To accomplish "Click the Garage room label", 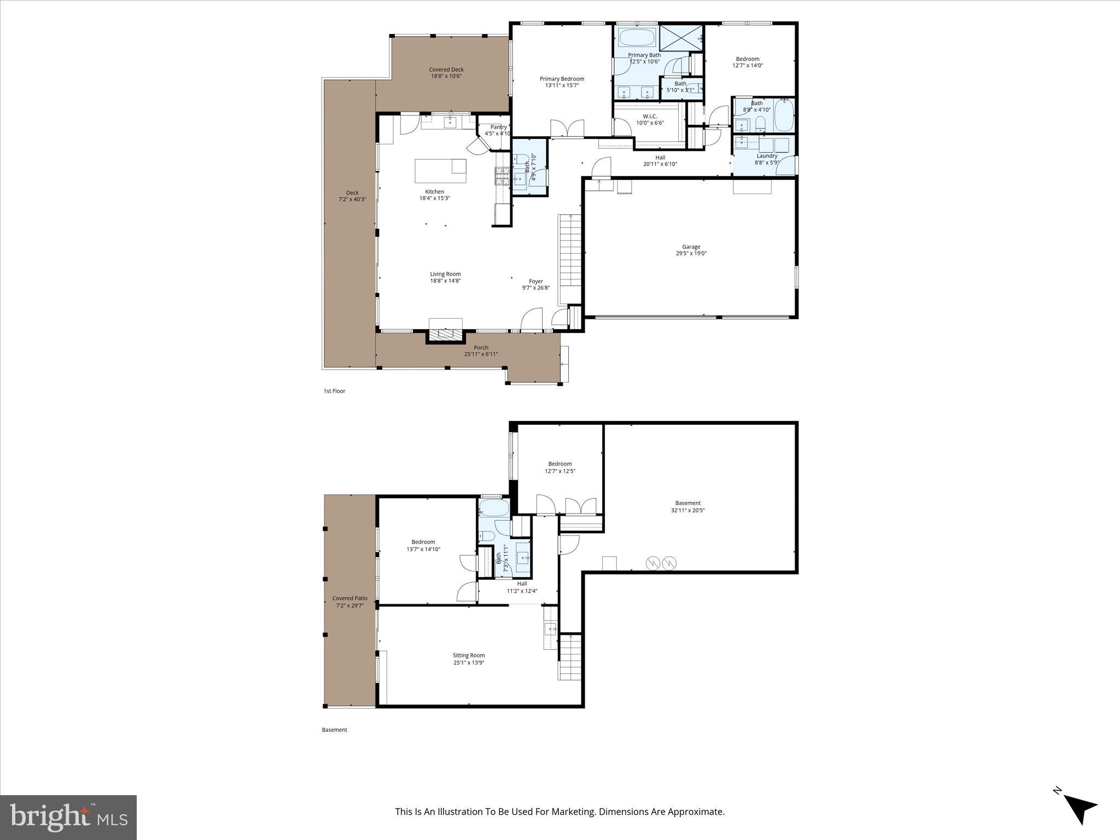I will click(691, 247).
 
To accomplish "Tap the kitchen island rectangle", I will click(440, 171).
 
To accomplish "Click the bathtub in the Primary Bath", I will click(637, 38).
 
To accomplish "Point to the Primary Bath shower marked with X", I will click(681, 37).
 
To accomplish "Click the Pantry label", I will click(498, 127).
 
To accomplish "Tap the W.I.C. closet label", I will click(650, 116).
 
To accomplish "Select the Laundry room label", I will click(767, 156).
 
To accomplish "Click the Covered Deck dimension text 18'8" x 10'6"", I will click(446, 76).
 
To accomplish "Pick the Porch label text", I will click(481, 347).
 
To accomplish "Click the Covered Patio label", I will click(350, 598).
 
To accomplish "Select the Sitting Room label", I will click(469, 655).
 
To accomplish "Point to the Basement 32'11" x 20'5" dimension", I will click(687, 510).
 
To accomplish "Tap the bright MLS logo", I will click(68, 817).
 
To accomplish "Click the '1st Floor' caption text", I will click(334, 391).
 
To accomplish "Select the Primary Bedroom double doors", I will click(568, 129).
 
